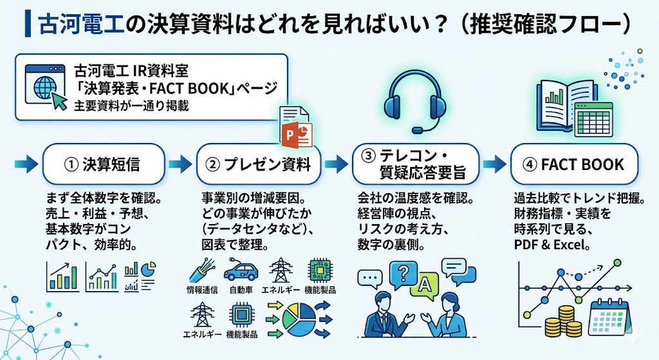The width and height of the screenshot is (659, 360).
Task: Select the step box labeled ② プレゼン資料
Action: tap(258, 164)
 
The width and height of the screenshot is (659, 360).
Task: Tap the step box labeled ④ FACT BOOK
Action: tap(574, 164)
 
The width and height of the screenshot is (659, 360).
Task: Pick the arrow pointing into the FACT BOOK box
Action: tap(495, 164)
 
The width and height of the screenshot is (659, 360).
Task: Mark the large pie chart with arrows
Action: tap(297, 319)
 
